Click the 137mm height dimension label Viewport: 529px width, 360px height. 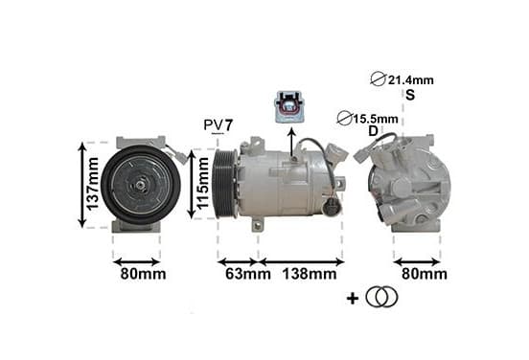(92, 184)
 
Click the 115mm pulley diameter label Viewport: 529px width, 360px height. (202, 184)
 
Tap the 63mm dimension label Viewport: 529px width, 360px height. (248, 274)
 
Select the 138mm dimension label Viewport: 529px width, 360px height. (310, 274)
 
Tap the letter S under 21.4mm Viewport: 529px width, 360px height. (410, 95)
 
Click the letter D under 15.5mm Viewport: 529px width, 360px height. (373, 131)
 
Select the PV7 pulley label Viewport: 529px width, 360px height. (218, 125)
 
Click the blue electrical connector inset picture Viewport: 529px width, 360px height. (290, 106)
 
